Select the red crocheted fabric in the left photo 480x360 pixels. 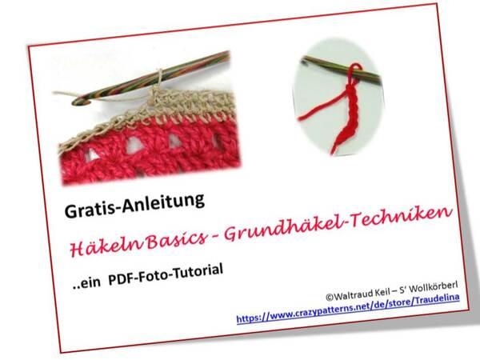[144, 152]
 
